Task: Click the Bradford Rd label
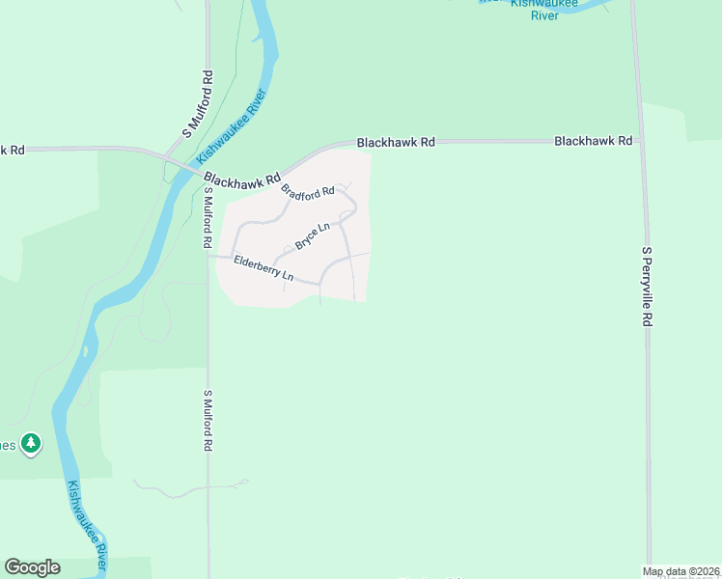308,191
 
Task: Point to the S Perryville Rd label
648,287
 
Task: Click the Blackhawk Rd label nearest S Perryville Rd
594,141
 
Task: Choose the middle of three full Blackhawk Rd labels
396,142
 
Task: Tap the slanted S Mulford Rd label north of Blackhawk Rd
197,103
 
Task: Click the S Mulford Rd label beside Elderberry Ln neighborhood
207,214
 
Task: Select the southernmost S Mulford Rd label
207,422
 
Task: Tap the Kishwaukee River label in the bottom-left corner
87,527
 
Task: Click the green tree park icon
32,443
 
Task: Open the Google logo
32,567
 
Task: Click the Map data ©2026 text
681,571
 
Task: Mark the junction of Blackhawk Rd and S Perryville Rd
639,141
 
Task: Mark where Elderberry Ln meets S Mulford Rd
208,257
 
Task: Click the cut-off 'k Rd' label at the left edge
12,150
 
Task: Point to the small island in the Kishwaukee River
87,353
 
